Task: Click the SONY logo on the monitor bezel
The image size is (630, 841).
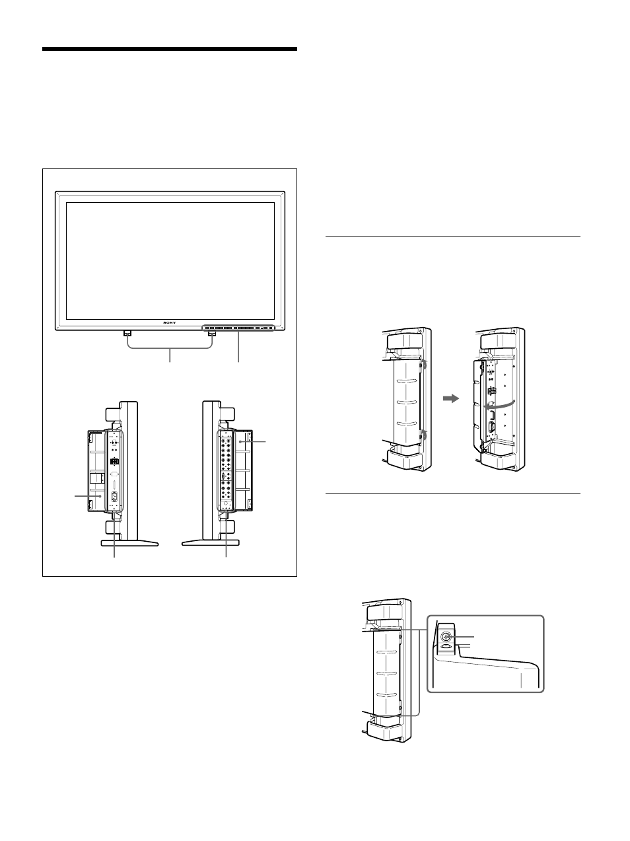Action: [x=170, y=322]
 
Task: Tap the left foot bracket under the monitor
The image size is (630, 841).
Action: [x=127, y=333]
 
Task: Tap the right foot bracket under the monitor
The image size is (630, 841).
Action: [x=212, y=333]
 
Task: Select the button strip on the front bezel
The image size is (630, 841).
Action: [x=237, y=327]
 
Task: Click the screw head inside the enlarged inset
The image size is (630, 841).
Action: [x=446, y=638]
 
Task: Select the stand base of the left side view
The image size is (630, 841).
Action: [x=129, y=543]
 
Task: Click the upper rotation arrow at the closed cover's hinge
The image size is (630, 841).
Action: [x=424, y=364]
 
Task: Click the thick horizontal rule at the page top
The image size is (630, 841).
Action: [x=170, y=49]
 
